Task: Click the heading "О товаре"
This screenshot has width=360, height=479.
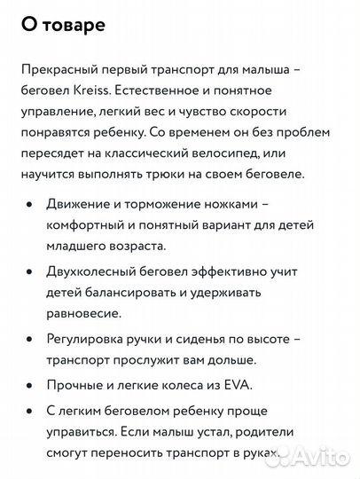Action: click(x=61, y=27)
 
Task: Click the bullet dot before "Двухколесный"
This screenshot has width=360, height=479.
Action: click(x=30, y=275)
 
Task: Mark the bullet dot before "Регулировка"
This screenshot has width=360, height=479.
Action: click(x=30, y=339)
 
